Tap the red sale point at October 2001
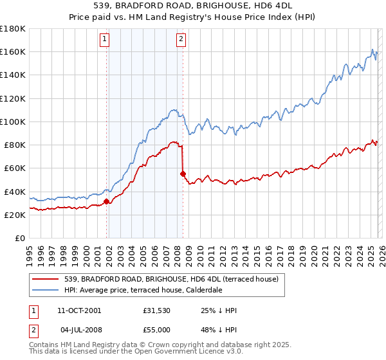pos(106,201)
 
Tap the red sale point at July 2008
pos(183,174)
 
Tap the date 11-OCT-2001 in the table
pos(80,310)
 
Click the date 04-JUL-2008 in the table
pos(79,329)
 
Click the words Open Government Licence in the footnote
pos(174,354)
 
